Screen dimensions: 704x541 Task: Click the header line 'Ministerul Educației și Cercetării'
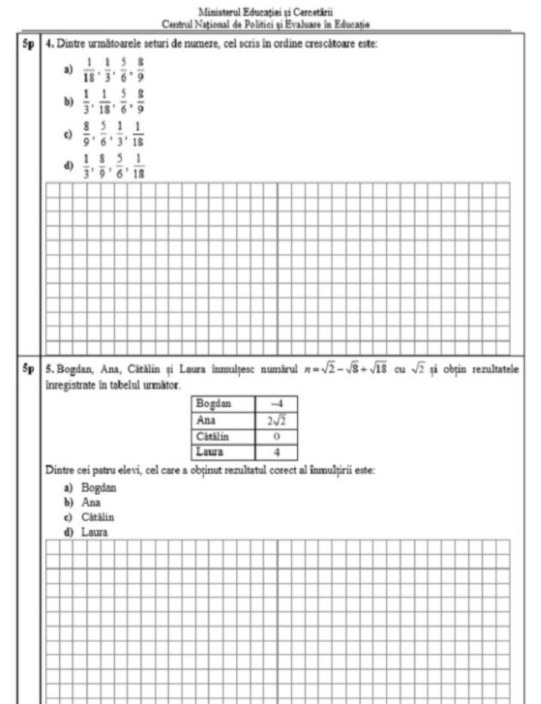pyautogui.click(x=270, y=11)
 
